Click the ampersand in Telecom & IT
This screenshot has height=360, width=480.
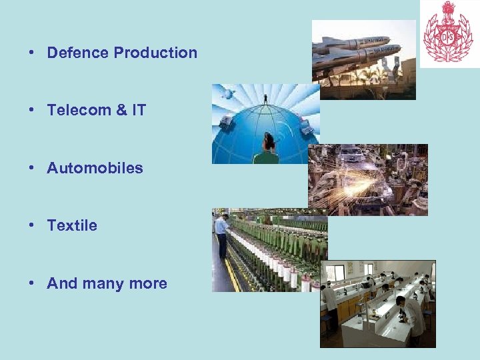click(121, 110)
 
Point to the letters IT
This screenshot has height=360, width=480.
click(138, 110)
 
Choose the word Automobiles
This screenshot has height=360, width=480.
click(95, 168)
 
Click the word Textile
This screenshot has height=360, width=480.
click(72, 225)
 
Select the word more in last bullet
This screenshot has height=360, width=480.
click(148, 283)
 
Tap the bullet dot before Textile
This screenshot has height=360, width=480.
click(32, 226)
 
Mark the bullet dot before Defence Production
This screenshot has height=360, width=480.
click(32, 53)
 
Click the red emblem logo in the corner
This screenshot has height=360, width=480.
click(447, 31)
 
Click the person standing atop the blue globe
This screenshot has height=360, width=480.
click(265, 99)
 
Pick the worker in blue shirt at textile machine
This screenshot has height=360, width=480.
click(221, 233)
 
